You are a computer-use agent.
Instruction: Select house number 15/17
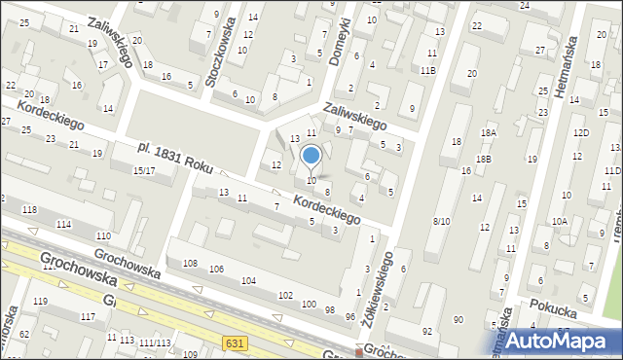(144, 171)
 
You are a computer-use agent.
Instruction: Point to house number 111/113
(155, 342)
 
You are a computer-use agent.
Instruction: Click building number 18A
(488, 132)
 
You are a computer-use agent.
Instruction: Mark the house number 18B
(484, 159)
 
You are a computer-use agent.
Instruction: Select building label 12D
(581, 132)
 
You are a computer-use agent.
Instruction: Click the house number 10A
(560, 222)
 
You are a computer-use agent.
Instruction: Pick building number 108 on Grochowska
(190, 264)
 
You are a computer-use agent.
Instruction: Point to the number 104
(249, 280)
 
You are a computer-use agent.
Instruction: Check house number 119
(40, 302)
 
